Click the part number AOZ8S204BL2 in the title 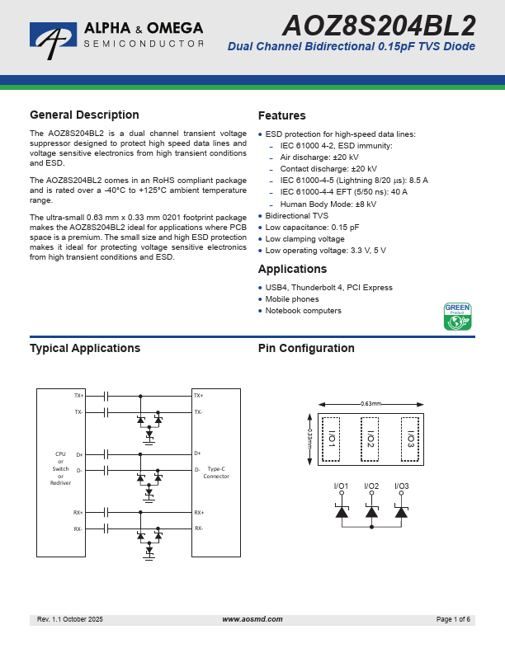pyautogui.click(x=379, y=24)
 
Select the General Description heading pyautogui.click(x=84, y=115)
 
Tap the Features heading pyautogui.click(x=281, y=115)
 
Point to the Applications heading pyautogui.click(x=292, y=269)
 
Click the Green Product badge pyautogui.click(x=457, y=317)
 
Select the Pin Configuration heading pyautogui.click(x=306, y=349)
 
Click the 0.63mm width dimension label pyautogui.click(x=370, y=403)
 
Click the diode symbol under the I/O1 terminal pyautogui.click(x=342, y=512)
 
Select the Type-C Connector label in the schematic pyautogui.click(x=216, y=472)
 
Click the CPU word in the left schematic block pyautogui.click(x=60, y=453)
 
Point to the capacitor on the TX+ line pyautogui.click(x=107, y=396)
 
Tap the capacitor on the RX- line pyautogui.click(x=107, y=529)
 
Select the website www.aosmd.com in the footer pyautogui.click(x=252, y=619)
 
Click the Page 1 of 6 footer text pyautogui.click(x=453, y=619)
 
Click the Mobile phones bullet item pyautogui.click(x=292, y=299)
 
